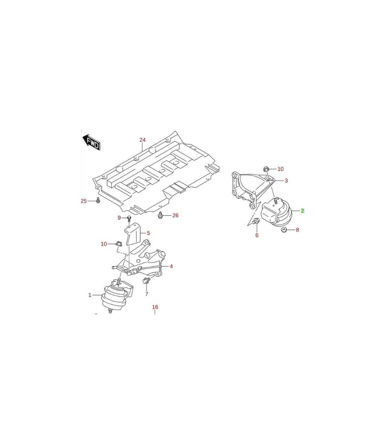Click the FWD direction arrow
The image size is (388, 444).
(x=92, y=142)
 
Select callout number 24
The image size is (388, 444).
(x=142, y=140)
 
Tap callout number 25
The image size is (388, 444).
(x=84, y=201)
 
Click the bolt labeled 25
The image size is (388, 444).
(x=98, y=200)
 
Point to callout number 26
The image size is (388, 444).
(x=175, y=215)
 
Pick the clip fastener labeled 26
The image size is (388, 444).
(x=160, y=215)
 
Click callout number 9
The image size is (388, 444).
(x=119, y=218)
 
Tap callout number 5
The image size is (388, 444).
(x=148, y=233)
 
